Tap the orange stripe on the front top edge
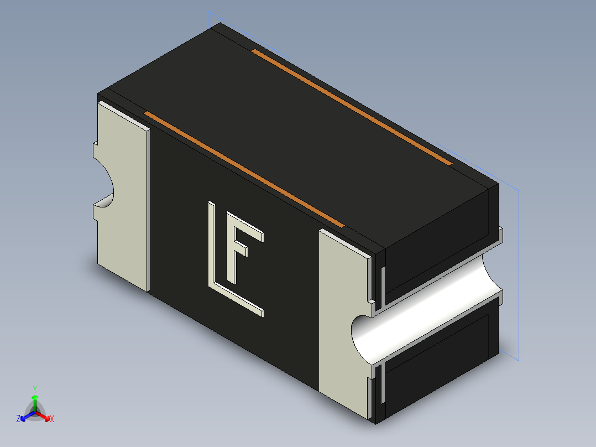click(x=244, y=170)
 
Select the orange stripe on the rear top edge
click(x=352, y=107)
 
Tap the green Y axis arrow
click(x=35, y=401)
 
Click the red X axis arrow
click(x=43, y=415)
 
